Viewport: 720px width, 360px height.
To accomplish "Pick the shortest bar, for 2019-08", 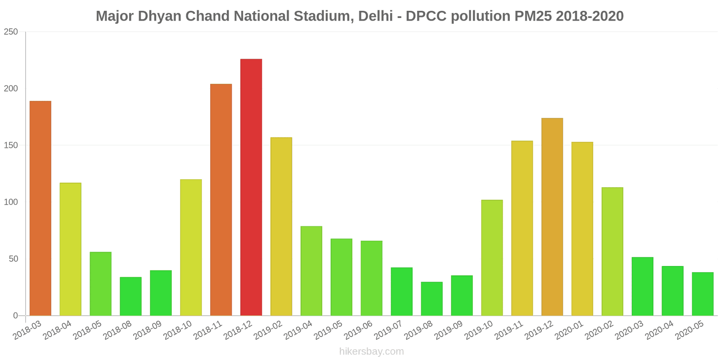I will [x=432, y=299].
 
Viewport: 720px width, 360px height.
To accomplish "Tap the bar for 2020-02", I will [x=612, y=252].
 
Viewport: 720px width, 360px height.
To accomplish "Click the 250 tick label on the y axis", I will [x=11, y=32].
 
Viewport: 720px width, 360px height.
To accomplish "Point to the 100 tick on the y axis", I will [x=11, y=202].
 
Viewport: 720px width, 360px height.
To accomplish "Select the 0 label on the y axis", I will [x=16, y=315].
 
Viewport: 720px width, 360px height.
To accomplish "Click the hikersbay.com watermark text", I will [x=371, y=351].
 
